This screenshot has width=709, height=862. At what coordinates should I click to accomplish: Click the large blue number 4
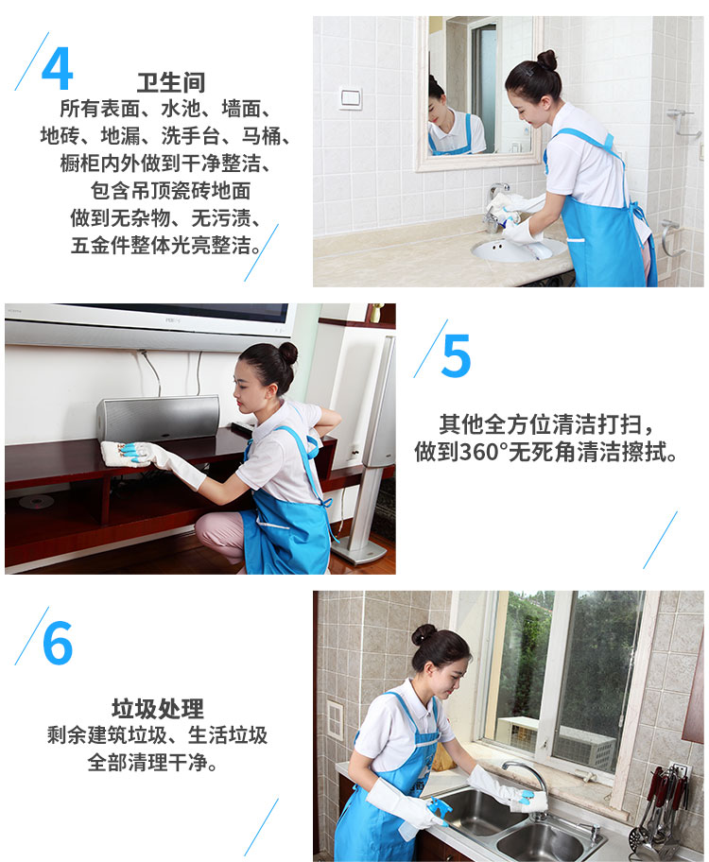pyautogui.click(x=58, y=68)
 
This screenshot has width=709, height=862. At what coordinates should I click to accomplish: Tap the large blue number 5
pyautogui.click(x=456, y=355)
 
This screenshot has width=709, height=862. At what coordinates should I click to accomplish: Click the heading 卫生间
pyautogui.click(x=170, y=83)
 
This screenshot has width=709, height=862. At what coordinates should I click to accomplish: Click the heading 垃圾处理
pyautogui.click(x=158, y=709)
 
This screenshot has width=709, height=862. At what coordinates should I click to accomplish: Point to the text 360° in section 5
pyautogui.click(x=483, y=452)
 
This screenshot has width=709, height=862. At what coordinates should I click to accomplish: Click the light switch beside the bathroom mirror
pyautogui.click(x=350, y=99)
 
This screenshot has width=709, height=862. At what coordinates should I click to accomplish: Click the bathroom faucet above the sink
pyautogui.click(x=495, y=206)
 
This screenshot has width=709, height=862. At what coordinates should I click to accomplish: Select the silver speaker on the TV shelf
pyautogui.click(x=158, y=419)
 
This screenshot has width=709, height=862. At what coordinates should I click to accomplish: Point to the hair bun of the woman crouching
pyautogui.click(x=287, y=353)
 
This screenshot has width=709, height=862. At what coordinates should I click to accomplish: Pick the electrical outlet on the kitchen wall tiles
pyautogui.click(x=335, y=718)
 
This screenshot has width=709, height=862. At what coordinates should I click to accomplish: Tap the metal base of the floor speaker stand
pyautogui.click(x=357, y=550)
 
